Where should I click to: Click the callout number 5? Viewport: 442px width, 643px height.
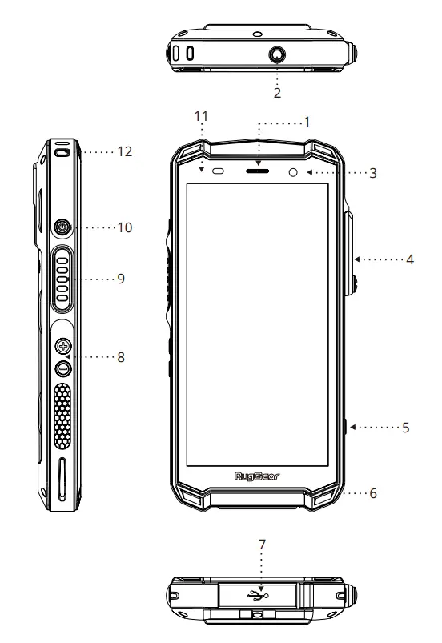coord(406,428)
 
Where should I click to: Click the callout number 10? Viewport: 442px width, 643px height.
coord(124,227)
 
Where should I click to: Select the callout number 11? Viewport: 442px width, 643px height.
coord(202,117)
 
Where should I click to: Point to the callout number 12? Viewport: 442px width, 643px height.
coord(124,151)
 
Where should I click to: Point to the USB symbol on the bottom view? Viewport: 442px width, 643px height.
coord(257,594)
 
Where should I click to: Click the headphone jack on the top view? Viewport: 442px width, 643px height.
coord(278,54)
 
